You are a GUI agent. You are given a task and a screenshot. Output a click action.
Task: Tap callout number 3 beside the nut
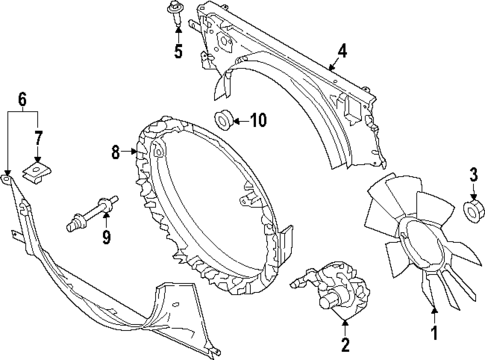click(x=473, y=176)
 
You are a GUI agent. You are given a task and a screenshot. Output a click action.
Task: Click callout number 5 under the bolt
click(x=179, y=52)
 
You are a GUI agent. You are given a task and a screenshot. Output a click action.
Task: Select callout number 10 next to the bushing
click(x=258, y=122)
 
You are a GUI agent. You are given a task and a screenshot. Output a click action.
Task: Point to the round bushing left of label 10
click(x=223, y=122)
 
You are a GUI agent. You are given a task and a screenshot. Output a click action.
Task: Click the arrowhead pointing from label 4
click(x=331, y=67)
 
